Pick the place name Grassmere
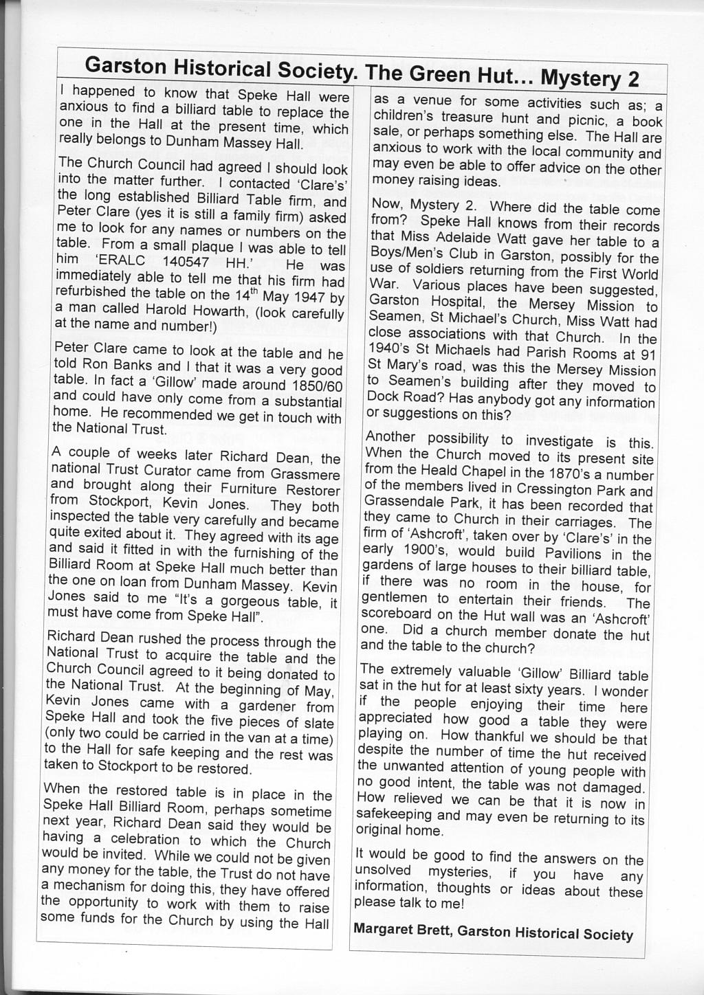click(x=306, y=474)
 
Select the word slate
click(x=319, y=723)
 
